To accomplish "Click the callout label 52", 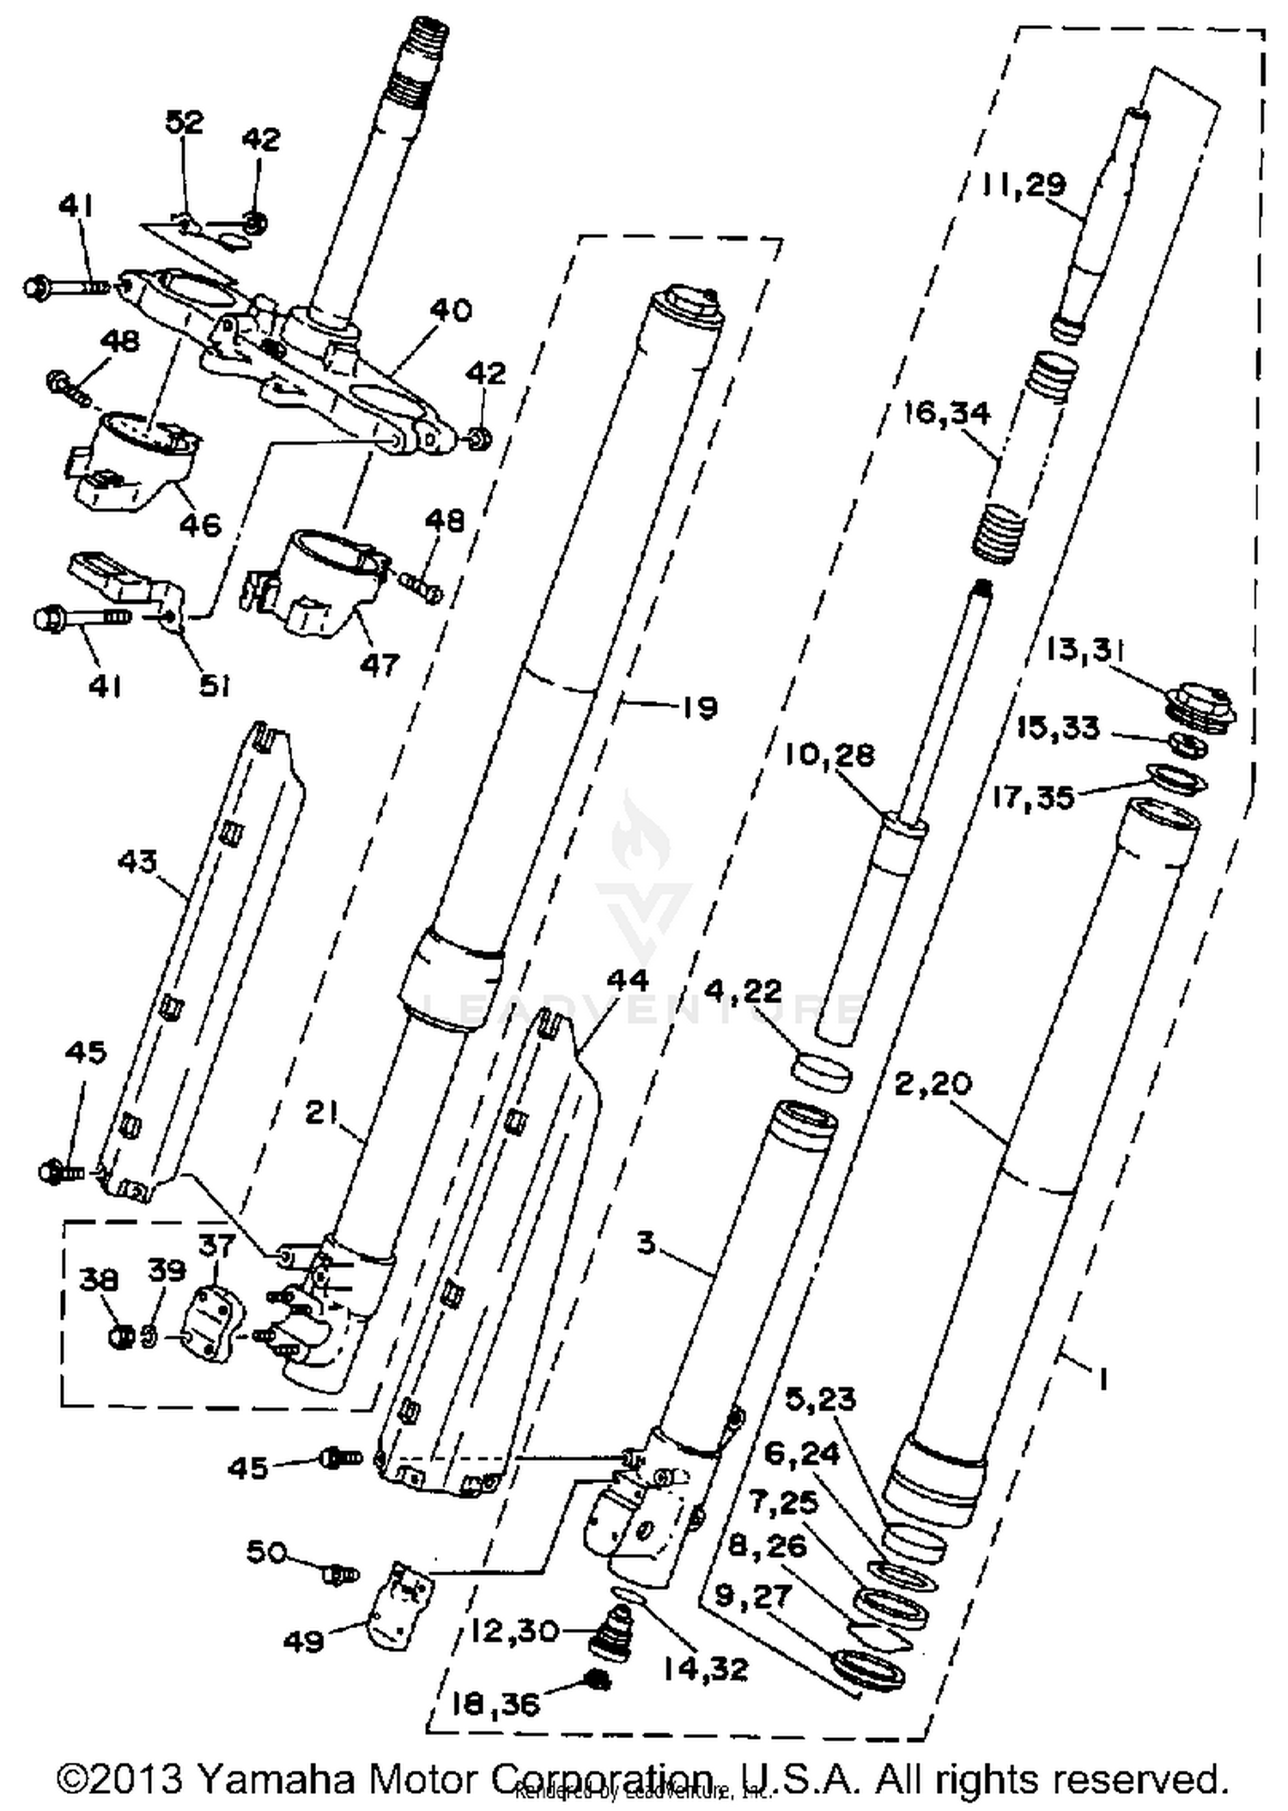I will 185,122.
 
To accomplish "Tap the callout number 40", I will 451,309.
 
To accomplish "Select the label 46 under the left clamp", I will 200,523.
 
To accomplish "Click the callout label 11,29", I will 1025,184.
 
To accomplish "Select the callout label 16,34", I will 947,413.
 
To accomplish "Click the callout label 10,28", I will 829,755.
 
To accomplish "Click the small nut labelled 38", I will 121,1337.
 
